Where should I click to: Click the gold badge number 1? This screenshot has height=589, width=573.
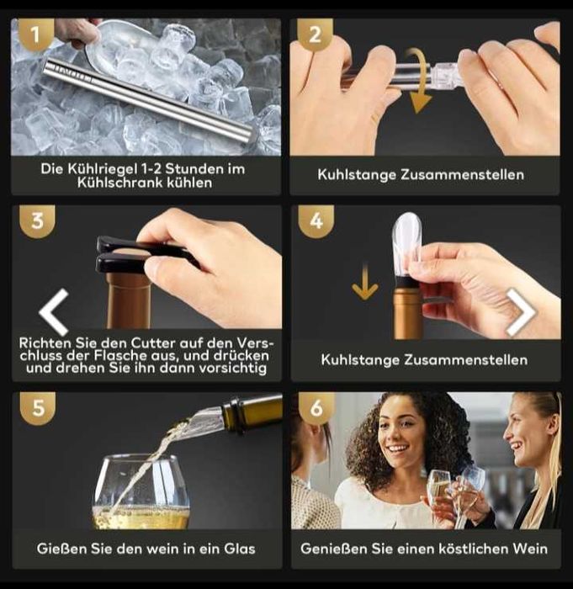35,34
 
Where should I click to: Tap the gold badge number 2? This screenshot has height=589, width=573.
315,35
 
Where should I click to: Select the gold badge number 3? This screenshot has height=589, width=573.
37,220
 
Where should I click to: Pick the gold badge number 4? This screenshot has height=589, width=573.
316,220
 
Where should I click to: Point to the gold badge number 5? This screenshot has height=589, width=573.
38,408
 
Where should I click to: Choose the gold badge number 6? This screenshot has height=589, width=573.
316,408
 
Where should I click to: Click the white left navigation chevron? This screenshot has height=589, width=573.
54,312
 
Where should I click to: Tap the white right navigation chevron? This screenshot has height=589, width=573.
521,312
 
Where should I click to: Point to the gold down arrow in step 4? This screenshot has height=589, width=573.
365,282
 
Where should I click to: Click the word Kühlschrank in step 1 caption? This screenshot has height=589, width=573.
119,183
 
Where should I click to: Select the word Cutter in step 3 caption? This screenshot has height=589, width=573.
153,343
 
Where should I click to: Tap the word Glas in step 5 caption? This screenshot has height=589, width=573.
240,549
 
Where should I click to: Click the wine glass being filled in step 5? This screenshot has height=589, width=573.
141,492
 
